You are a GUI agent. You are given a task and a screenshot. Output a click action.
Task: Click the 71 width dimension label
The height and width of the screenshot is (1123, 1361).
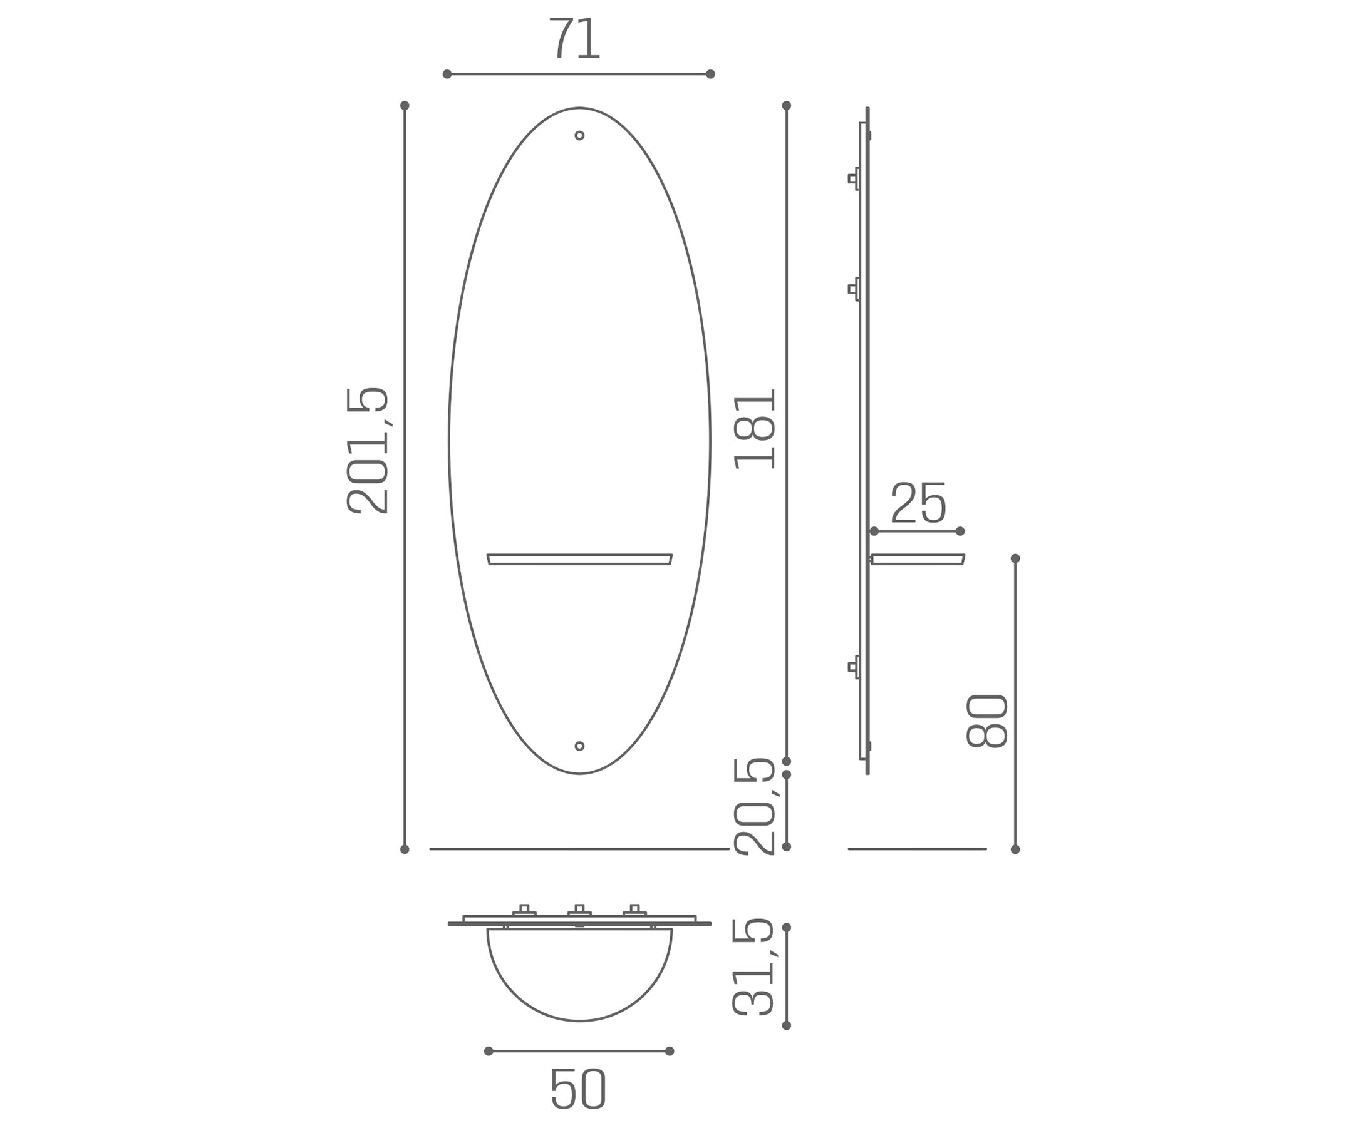(x=575, y=38)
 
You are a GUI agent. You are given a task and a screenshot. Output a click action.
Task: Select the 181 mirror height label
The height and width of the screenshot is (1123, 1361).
(x=755, y=429)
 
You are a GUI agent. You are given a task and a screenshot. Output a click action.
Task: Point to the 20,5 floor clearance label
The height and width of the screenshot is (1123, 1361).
(x=754, y=807)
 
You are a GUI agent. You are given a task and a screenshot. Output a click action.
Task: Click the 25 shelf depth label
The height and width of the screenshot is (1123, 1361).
(x=918, y=503)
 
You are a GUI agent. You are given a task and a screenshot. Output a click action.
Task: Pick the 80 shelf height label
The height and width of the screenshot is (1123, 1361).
(x=987, y=721)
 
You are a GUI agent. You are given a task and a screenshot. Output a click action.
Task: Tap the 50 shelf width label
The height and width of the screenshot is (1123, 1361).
(x=578, y=1089)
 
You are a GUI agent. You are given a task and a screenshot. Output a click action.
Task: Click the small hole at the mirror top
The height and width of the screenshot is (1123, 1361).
(x=579, y=135)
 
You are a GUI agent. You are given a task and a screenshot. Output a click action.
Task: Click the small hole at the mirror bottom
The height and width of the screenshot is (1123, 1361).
(x=579, y=746)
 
